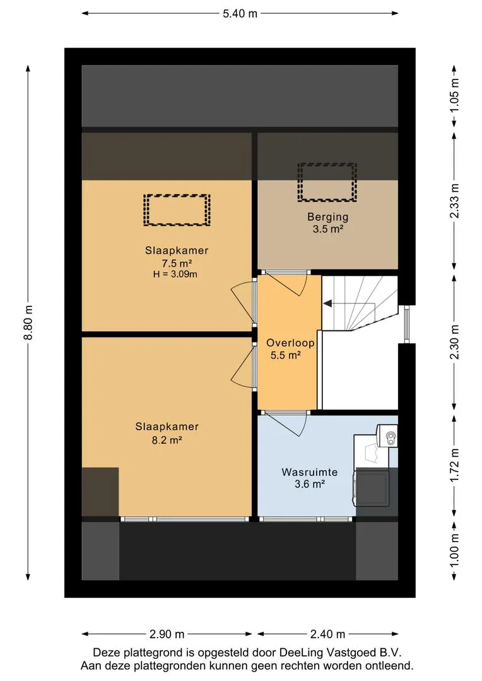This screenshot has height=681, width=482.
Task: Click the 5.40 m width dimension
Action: pyautogui.click(x=240, y=13)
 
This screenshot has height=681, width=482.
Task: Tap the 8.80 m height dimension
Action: pyautogui.click(x=28, y=323)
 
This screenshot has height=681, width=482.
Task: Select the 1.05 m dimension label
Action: pyautogui.click(x=455, y=95)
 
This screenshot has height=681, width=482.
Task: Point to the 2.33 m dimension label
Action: pyautogui.click(x=455, y=201)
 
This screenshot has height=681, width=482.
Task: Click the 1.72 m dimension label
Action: pyautogui.click(x=455, y=465)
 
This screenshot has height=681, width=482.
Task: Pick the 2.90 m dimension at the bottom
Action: pyautogui.click(x=167, y=634)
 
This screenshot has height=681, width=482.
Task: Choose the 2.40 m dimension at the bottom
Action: pyautogui.click(x=327, y=634)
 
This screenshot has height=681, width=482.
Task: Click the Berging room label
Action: pyautogui.click(x=327, y=216)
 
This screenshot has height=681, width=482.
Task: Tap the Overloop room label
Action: pyautogui.click(x=290, y=342)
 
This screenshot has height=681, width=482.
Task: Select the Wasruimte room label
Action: pyautogui.click(x=310, y=472)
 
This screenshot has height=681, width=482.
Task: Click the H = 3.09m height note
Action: pyautogui.click(x=175, y=274)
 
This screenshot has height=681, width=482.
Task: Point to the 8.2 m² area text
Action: pyautogui.click(x=167, y=440)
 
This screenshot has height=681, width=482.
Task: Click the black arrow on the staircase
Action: pyautogui.click(x=327, y=303)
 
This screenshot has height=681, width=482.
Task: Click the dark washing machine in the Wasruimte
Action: pyautogui.click(x=372, y=487)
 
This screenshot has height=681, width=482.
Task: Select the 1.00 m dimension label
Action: pyautogui.click(x=455, y=550)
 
